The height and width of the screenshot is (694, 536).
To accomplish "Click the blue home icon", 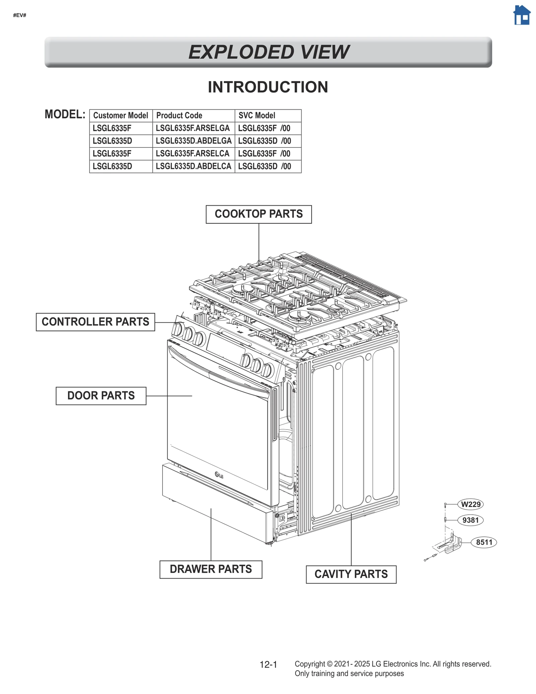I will [521, 15].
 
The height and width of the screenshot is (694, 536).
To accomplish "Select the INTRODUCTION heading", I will [268, 87].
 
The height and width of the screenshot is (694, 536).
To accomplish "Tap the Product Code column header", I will [179, 116].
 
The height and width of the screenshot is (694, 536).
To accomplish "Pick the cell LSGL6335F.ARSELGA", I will [193, 128].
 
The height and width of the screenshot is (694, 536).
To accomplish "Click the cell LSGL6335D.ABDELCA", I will [193, 167].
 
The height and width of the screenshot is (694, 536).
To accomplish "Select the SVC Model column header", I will [257, 116].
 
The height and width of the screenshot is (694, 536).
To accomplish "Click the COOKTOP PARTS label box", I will [258, 214].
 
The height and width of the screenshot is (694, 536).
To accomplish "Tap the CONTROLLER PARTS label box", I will [95, 322].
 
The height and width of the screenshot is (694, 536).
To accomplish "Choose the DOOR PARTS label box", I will [101, 396].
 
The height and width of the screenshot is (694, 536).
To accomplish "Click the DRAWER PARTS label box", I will [210, 569].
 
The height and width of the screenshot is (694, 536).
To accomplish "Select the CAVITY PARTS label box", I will [351, 574].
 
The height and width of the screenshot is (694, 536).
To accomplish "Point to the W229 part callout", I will [470, 504].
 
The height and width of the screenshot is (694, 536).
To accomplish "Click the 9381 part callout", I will [470, 520].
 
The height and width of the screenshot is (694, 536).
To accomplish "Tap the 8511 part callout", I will [484, 542].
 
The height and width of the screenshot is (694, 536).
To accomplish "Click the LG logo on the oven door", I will [219, 475].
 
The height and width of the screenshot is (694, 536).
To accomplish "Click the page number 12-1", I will [268, 665].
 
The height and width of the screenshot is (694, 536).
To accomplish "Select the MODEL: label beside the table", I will [65, 115].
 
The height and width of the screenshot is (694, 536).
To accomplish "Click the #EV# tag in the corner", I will [20, 15].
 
